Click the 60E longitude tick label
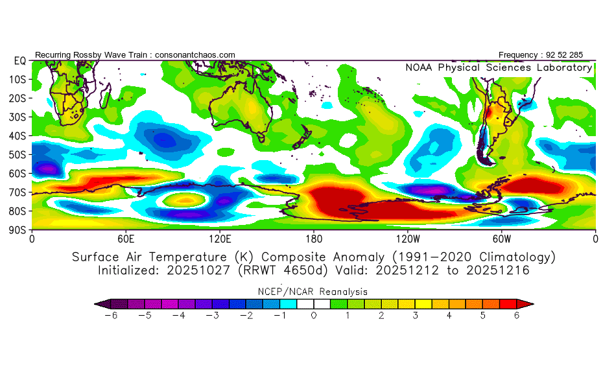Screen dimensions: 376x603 [126, 238]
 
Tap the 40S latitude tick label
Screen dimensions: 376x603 [19, 135]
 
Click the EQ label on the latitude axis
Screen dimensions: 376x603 [19, 60]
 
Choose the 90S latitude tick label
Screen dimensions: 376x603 [19, 229]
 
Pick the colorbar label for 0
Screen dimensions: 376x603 [314, 315]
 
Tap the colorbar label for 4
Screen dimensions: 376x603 [449, 315]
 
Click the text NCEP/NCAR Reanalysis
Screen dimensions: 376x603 [314, 292]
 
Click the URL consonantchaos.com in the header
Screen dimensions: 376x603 [195, 55]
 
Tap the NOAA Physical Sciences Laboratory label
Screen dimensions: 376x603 [498, 67]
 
